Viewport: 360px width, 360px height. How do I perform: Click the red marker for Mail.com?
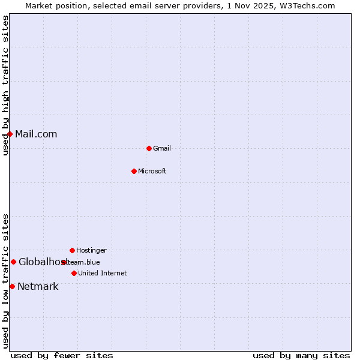(x=10, y=134)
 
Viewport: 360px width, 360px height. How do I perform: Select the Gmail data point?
(x=149, y=148)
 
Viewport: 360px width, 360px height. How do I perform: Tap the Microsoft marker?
(x=134, y=171)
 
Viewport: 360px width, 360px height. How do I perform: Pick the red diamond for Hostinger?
(x=72, y=250)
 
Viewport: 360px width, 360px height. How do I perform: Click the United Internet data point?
(x=74, y=273)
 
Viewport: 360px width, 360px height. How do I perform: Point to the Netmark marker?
(x=12, y=286)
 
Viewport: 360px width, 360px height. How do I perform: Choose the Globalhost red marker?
(x=13, y=262)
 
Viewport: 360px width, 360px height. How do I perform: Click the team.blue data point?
(x=64, y=262)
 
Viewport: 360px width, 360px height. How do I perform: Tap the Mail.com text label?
(x=36, y=134)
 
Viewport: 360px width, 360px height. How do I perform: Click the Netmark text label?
(x=38, y=286)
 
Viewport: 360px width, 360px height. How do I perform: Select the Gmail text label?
(x=162, y=148)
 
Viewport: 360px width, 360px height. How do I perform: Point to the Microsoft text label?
(x=152, y=171)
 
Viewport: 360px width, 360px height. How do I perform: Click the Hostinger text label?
(x=91, y=250)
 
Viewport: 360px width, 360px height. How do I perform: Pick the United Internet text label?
(x=103, y=273)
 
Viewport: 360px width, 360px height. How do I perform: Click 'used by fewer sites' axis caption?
(x=62, y=355)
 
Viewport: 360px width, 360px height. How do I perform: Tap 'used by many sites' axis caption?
(x=301, y=355)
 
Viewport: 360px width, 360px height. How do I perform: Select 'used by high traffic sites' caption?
(x=5, y=85)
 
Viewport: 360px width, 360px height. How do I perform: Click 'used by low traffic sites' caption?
(x=5, y=280)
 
